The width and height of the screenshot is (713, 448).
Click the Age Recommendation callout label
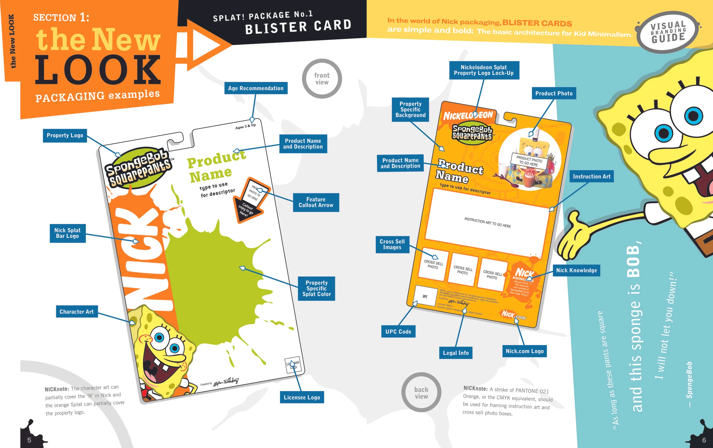[256, 88]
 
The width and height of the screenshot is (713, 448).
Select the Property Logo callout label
[65, 135]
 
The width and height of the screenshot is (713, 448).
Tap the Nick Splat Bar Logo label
[68, 233]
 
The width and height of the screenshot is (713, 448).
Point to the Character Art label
[77, 311]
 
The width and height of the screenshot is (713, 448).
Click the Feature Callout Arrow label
[316, 202]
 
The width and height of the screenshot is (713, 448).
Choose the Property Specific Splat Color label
[316, 288]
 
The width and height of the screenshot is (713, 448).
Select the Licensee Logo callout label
[302, 397]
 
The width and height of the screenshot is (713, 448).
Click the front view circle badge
[322, 79]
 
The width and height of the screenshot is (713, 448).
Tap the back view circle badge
[421, 393]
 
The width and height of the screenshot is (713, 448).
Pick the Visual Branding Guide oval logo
[668, 32]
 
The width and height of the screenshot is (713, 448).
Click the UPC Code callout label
[398, 332]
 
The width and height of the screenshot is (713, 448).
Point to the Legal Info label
[456, 353]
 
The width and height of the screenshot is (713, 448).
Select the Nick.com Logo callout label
[524, 351]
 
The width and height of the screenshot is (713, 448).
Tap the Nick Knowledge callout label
[576, 270]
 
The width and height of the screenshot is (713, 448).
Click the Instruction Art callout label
[591, 177]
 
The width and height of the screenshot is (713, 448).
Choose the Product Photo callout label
[554, 93]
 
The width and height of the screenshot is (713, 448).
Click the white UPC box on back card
[426, 296]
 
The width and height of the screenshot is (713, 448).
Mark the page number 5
[29, 440]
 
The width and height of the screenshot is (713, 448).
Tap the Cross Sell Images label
[392, 244]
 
